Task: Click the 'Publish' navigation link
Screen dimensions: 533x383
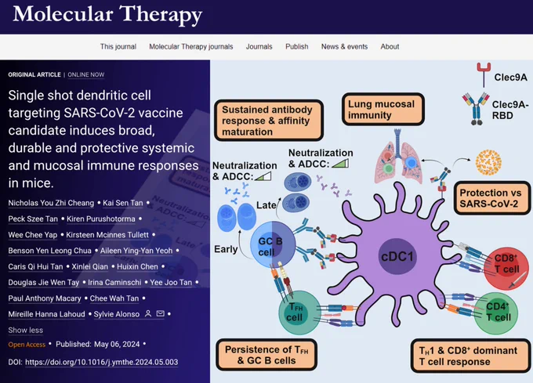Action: pyautogui.click(x=297, y=46)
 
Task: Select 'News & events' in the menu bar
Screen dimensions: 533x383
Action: pyautogui.click(x=344, y=46)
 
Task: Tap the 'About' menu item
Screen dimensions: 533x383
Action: pyautogui.click(x=390, y=46)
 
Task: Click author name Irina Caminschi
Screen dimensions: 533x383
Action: pyautogui.click(x=114, y=283)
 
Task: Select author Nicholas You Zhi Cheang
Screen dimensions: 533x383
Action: pyautogui.click(x=51, y=203)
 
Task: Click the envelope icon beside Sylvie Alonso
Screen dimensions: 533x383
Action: pyautogui.click(x=160, y=314)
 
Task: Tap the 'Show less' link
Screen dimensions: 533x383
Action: pyautogui.click(x=26, y=330)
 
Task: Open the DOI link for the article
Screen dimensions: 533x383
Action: pyautogui.click(x=101, y=362)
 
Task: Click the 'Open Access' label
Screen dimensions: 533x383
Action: pyautogui.click(x=27, y=345)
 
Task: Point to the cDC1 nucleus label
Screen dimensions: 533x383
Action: pyautogui.click(x=397, y=256)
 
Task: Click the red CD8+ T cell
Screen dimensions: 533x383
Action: pyautogui.click(x=506, y=268)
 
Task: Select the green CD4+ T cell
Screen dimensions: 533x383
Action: pyautogui.click(x=496, y=313)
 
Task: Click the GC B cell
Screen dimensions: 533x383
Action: pyautogui.click(x=273, y=244)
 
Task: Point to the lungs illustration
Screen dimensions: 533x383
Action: pyautogui.click(x=397, y=157)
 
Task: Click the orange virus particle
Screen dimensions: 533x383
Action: pyautogui.click(x=488, y=163)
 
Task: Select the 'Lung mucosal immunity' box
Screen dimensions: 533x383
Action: pyautogui.click(x=383, y=110)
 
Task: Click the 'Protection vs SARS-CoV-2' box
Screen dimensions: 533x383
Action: pyautogui.click(x=492, y=198)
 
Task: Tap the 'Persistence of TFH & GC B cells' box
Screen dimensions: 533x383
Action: pyautogui.click(x=266, y=355)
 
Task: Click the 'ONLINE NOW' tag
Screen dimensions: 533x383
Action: pyautogui.click(x=86, y=74)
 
